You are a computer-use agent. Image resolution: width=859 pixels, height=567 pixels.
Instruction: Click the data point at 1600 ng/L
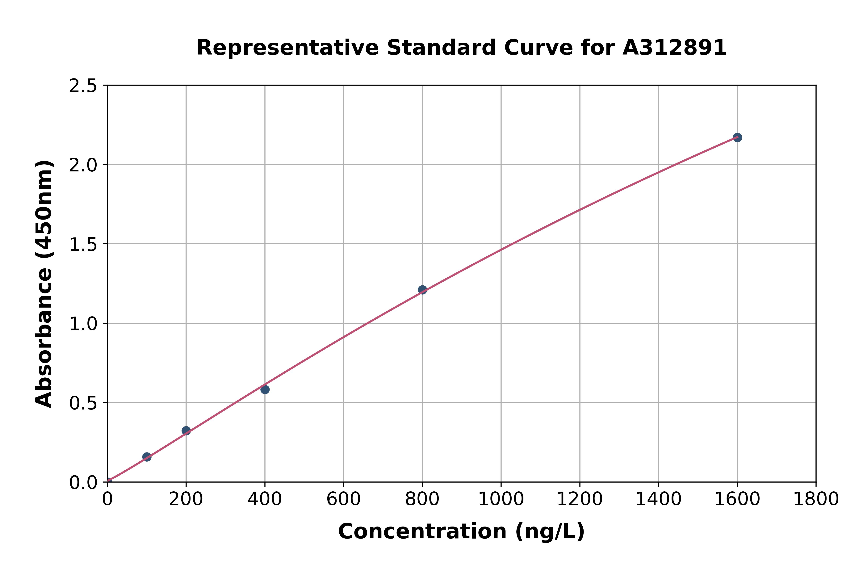737,137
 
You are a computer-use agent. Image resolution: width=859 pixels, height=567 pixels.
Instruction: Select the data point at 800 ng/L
422,290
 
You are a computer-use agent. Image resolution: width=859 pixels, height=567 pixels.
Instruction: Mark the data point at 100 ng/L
147,457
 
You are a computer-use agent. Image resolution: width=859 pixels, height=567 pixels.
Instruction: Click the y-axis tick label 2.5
83,86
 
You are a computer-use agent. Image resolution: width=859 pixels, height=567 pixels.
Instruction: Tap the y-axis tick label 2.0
83,165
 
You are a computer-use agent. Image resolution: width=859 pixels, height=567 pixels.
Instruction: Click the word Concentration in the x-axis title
422,531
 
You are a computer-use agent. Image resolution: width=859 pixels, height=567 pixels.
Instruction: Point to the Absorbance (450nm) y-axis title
44,284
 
